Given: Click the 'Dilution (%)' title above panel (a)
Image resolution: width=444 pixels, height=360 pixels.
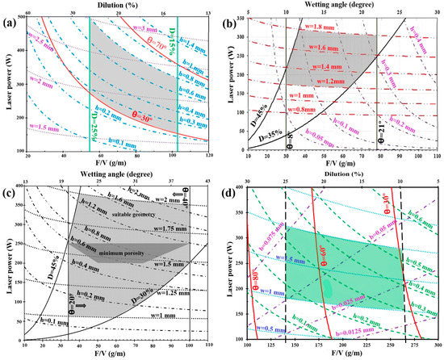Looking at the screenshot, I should (117, 4).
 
